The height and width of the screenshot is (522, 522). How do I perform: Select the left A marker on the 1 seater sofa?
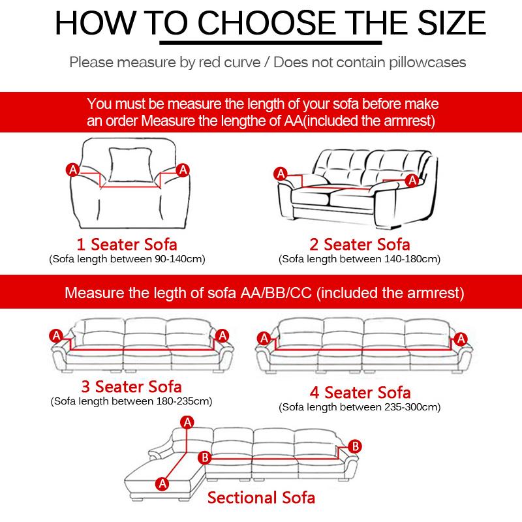pos(73,170)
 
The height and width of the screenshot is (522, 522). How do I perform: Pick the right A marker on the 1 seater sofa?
pos(183,170)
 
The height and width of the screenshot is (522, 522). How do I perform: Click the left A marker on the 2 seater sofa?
pos(281,173)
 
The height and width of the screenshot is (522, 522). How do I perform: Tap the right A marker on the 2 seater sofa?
pos(412,180)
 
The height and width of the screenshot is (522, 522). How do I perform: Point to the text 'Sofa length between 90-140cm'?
pos(128,259)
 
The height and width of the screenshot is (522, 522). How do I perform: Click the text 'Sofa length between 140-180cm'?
pos(360,259)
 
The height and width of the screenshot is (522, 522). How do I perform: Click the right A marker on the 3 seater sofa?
pos(223,335)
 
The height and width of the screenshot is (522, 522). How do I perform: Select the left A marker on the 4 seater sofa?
pos(264,338)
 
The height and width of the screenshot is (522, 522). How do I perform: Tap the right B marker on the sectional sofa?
pos(355,446)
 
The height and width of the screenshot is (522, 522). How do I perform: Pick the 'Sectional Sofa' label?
pos(261,498)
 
